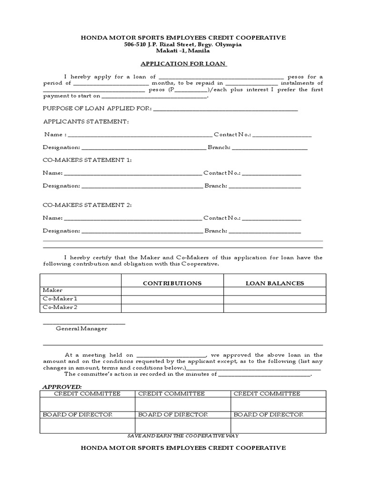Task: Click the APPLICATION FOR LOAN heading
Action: (183, 64)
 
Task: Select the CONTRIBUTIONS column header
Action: (172, 283)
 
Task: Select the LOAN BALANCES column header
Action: (274, 283)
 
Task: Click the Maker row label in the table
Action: (53, 290)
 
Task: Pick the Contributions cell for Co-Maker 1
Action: (172, 299)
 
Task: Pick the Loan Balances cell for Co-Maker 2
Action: (274, 308)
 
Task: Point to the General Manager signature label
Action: (81, 329)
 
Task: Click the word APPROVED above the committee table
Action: (62, 386)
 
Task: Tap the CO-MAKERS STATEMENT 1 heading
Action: (87, 160)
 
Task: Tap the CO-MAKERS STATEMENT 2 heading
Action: (87, 205)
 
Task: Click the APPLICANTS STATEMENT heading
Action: (86, 122)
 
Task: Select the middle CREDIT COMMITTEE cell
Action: (172, 393)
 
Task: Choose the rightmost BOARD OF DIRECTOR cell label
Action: (268, 415)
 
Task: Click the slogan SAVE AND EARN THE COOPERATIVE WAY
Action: (183, 436)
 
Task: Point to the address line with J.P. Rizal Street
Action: (183, 44)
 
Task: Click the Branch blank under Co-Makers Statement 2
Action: (265, 232)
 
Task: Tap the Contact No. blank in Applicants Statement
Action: (282, 135)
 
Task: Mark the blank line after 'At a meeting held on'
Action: (171, 356)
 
